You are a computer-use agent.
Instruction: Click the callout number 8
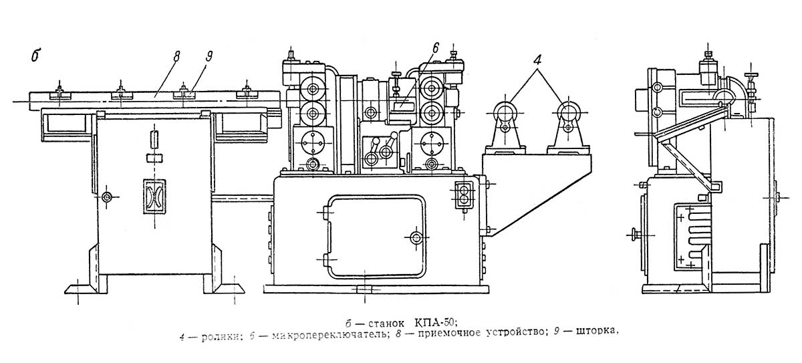[177, 56]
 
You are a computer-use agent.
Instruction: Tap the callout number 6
[434, 47]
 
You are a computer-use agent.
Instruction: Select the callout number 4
[537, 55]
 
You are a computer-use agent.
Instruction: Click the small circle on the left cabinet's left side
[106, 197]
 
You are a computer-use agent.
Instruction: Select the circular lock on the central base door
[416, 237]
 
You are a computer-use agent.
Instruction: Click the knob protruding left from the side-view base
[632, 234]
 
